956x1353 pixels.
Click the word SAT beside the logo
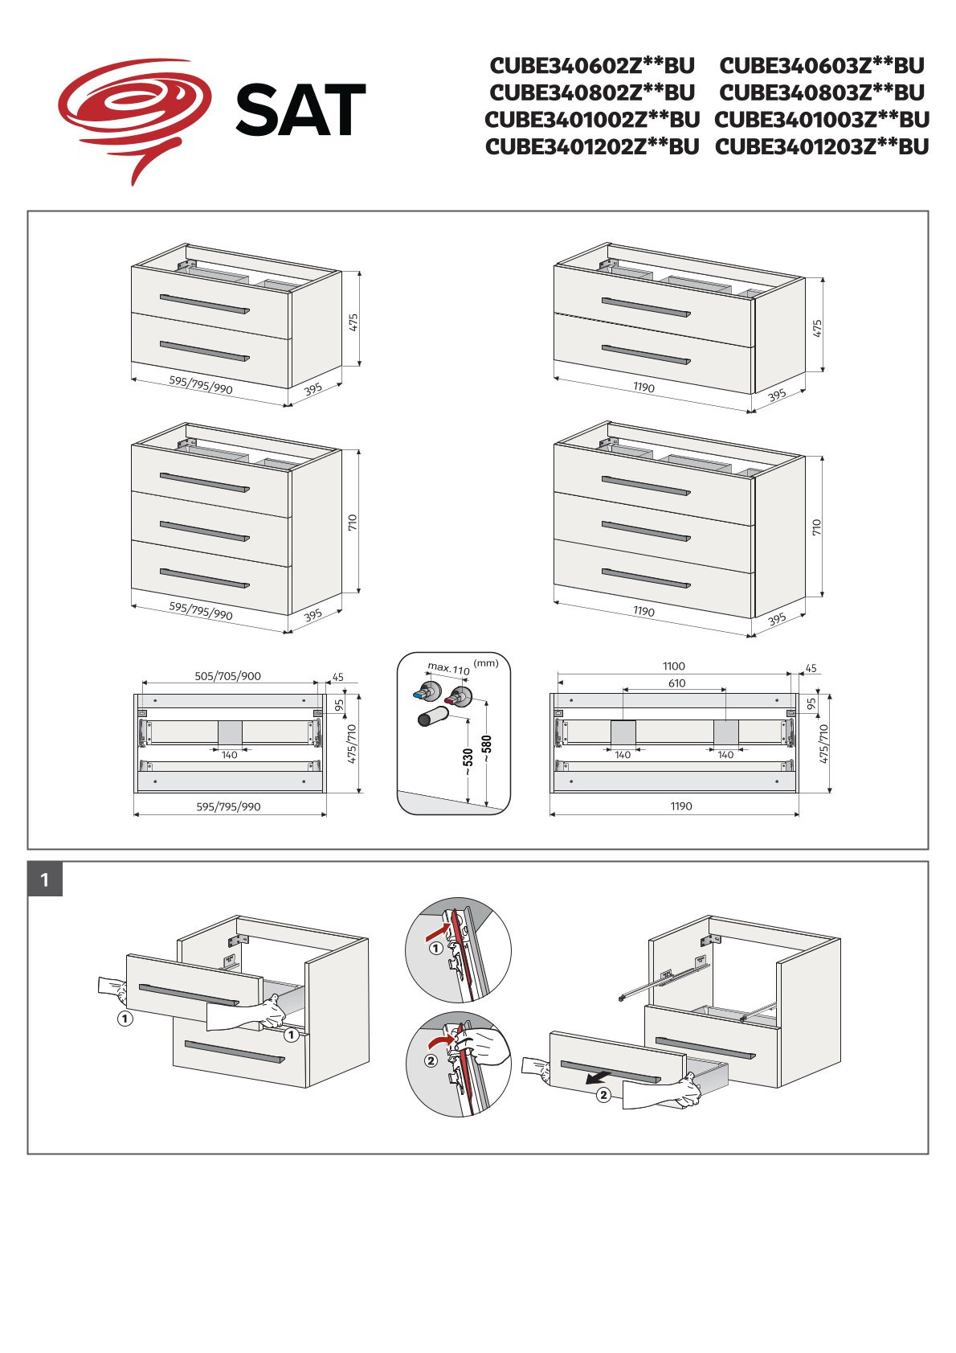300,111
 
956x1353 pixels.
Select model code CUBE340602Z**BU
592,65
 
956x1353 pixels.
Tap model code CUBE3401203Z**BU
822,147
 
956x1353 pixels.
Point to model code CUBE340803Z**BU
822,92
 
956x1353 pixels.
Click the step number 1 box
45,879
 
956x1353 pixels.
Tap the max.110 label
448,668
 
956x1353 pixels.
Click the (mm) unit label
486,663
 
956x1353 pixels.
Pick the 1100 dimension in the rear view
673,666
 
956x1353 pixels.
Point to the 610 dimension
676,683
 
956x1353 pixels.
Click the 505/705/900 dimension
227,676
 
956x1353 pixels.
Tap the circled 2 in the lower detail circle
431,1060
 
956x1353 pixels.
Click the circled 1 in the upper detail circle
435,948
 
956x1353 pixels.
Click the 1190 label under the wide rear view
680,806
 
